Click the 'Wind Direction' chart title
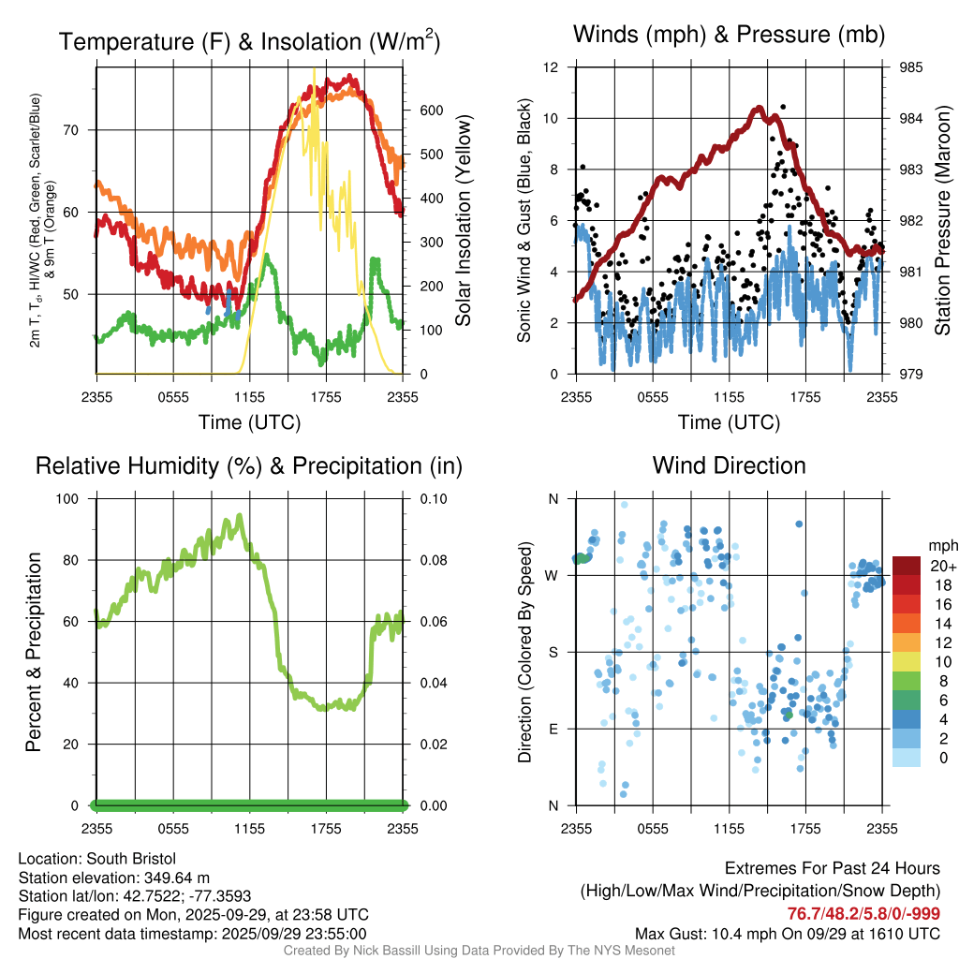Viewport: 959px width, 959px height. (729, 465)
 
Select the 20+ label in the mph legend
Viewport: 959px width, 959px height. (943, 567)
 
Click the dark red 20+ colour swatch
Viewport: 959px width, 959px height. (907, 566)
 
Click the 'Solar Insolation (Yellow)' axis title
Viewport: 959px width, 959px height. (464, 221)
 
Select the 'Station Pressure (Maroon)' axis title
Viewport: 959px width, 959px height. (943, 221)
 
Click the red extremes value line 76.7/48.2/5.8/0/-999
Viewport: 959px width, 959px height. (863, 914)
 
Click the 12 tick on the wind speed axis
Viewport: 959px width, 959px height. (553, 67)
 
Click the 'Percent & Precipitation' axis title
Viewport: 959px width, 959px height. (35, 652)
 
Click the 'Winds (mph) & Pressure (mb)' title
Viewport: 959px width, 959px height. (729, 35)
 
